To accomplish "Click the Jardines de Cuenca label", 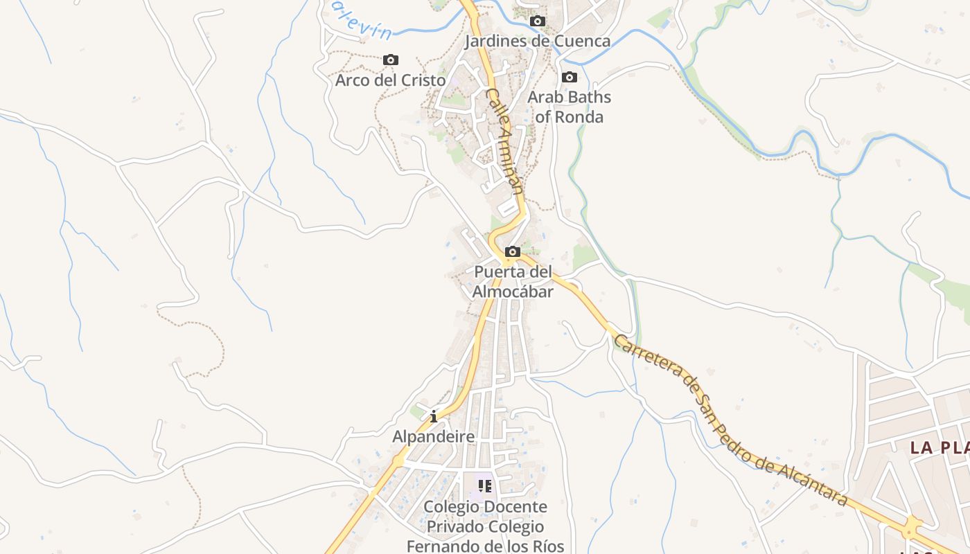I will tap(537, 41).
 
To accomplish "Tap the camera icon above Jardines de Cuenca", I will tap(538, 21).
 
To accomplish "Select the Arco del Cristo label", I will tap(391, 80).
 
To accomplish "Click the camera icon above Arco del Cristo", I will tap(391, 60).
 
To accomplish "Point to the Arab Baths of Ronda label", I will tap(570, 107).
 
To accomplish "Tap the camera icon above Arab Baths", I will tap(570, 77).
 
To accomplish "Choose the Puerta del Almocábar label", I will tap(513, 282).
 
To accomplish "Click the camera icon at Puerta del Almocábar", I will tap(513, 251).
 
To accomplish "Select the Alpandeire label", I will tap(434, 437).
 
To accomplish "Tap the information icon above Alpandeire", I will tap(434, 416).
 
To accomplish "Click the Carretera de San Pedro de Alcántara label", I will tap(731, 421).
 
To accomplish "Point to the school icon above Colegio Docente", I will tap(485, 486).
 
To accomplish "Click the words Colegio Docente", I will tap(485, 507).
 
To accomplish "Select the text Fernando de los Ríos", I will tap(485, 546).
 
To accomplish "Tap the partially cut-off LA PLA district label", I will tap(940, 447).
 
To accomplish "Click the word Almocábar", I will tap(513, 292).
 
